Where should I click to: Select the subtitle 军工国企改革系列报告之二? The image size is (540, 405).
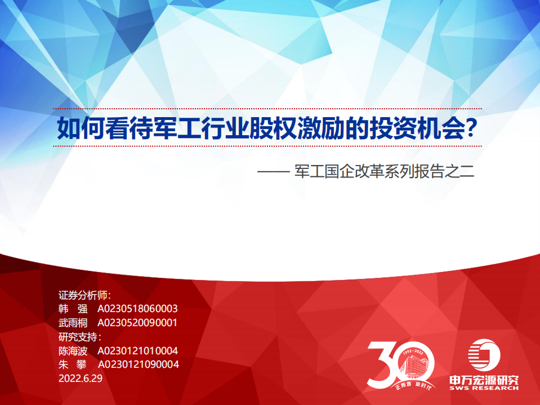(x=385, y=171)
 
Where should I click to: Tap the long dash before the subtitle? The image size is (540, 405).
(x=274, y=171)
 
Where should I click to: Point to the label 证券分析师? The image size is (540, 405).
(x=84, y=295)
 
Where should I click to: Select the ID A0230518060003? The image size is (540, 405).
(x=137, y=309)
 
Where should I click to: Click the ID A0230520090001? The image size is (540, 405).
(x=137, y=323)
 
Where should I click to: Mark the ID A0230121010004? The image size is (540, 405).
(x=138, y=351)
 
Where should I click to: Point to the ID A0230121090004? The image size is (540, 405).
(x=138, y=364)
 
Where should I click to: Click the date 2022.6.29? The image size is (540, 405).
(x=81, y=379)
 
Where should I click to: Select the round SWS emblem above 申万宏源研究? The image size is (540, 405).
(x=484, y=355)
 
